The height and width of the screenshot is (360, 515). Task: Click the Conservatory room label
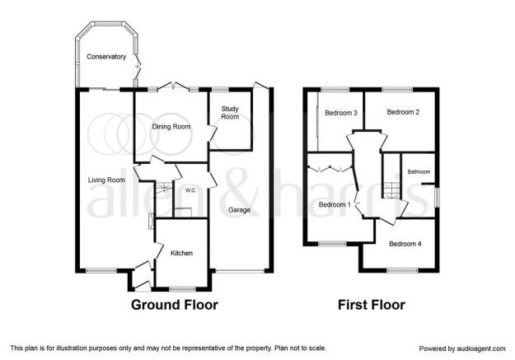coord(106,57)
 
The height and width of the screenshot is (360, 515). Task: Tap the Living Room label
coord(106,180)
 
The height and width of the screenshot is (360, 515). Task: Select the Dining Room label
coord(171,127)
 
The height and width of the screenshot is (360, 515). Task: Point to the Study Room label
coord(230,113)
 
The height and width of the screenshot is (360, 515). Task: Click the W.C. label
coord(190,190)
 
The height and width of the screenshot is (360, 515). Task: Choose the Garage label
coord(240,210)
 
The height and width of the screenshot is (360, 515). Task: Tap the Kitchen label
coord(181,253)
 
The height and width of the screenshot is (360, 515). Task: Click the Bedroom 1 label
coord(335,204)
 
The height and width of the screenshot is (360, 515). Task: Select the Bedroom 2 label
coord(403,112)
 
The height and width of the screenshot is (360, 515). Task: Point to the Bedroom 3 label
coord(341,113)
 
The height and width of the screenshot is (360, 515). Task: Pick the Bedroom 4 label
coord(405,244)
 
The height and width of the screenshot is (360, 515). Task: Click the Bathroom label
coord(419,172)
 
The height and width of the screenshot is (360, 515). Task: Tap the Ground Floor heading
coord(175,305)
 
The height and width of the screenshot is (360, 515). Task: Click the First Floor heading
coord(372,305)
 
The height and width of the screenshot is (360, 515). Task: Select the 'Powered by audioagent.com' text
coord(462,348)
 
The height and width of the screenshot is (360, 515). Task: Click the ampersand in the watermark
coord(241,193)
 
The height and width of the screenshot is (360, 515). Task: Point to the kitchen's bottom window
coord(182,289)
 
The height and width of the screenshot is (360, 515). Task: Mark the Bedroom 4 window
coord(402,271)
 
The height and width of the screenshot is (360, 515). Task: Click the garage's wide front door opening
coord(240,271)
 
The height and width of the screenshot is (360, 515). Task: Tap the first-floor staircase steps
coord(391,190)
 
